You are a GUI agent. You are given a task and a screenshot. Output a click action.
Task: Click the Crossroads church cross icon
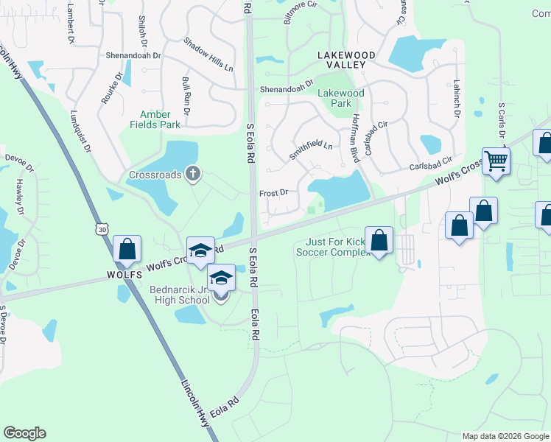tap(193, 174)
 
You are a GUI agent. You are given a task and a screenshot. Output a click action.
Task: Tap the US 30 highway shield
tap(99, 230)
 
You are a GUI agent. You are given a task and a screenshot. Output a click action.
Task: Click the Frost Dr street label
tap(273, 193)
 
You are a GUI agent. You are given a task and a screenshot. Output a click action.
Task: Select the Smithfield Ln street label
tap(310, 150)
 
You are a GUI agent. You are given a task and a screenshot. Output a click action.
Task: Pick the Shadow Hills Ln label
tap(208, 55)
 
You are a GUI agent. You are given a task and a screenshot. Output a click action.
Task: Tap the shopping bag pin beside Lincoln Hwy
tap(127, 249)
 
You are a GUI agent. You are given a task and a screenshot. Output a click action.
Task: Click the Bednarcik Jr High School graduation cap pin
tap(220, 277)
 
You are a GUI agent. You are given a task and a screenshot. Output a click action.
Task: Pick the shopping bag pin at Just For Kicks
tap(379, 240)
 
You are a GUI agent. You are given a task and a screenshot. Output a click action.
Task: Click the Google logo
tap(24, 433)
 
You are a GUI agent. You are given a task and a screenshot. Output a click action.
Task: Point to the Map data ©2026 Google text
tap(505, 436)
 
